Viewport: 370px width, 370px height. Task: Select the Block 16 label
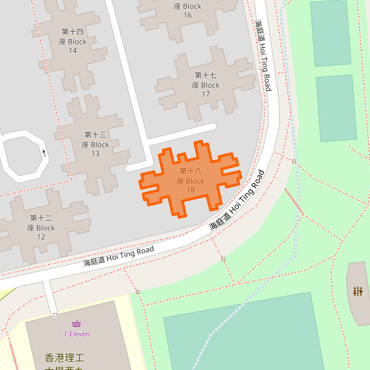coord(187,11)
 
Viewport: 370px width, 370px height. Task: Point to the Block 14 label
coord(73,41)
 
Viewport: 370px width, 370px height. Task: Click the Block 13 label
coord(96,144)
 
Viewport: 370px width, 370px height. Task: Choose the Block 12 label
coord(41,223)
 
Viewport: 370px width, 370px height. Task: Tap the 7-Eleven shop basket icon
coord(77,324)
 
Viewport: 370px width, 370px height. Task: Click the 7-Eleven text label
coord(77,334)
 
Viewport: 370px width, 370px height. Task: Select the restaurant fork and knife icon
coord(358,291)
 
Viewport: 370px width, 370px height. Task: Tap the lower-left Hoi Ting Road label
coord(118,256)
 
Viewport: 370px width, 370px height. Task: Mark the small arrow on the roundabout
coord(44,152)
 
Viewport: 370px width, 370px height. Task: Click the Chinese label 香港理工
coord(63,358)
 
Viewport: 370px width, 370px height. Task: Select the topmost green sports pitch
coord(330,33)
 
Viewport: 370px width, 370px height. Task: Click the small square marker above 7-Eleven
coord(54,315)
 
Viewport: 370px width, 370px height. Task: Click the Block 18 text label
coord(190,181)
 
